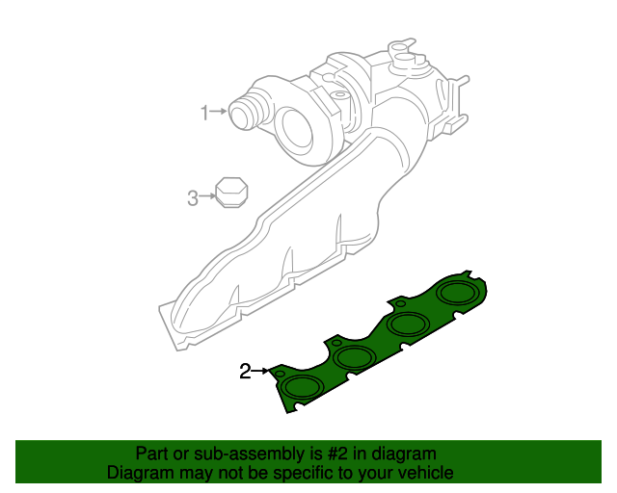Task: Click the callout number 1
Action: tap(204, 113)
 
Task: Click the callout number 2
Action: tap(245, 371)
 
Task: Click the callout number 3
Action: tap(192, 198)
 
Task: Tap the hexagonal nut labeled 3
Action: tap(229, 192)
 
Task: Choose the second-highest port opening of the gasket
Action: tap(410, 324)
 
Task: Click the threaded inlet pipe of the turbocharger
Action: tap(245, 111)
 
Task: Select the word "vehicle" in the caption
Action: tap(425, 473)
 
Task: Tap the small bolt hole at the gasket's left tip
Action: tap(280, 373)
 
